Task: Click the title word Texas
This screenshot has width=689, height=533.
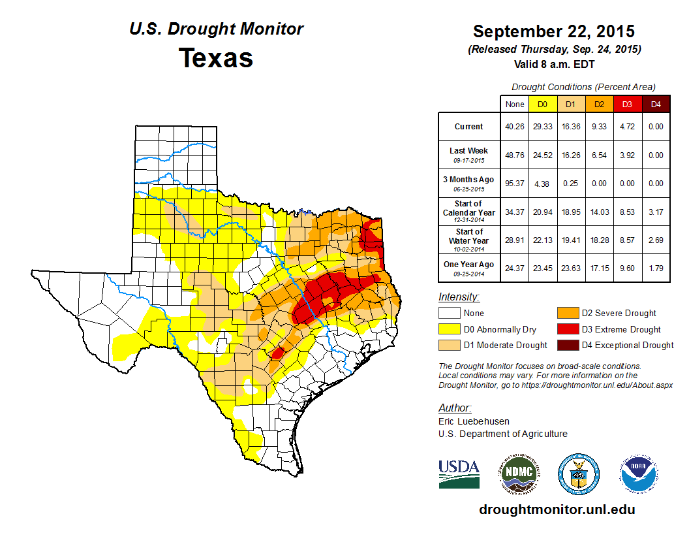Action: click(216, 58)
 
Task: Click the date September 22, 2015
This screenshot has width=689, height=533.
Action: click(553, 31)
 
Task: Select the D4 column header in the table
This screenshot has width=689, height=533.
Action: click(656, 105)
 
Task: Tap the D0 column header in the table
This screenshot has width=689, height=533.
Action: click(542, 105)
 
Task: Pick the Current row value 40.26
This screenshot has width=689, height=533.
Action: click(514, 127)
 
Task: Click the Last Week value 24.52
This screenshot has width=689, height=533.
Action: click(542, 155)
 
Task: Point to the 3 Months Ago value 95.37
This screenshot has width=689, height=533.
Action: click(514, 184)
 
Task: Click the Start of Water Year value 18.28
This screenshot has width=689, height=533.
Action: click(599, 240)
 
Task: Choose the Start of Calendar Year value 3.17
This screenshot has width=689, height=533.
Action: click(656, 212)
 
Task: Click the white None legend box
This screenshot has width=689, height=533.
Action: click(449, 314)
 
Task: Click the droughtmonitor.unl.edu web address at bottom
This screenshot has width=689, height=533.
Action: click(557, 509)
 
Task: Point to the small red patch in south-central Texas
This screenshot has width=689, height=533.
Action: click(277, 353)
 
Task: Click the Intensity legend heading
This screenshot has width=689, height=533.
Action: click(459, 297)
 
